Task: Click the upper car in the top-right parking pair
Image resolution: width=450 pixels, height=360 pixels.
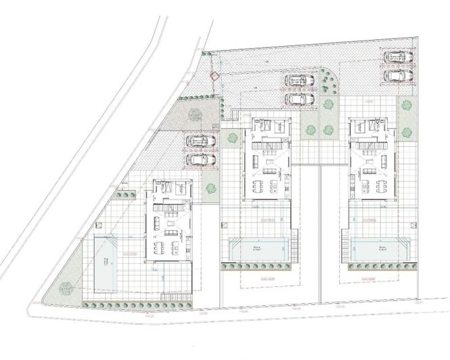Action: (x=396, y=58)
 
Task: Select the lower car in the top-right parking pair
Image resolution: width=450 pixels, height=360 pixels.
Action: (x=396, y=74)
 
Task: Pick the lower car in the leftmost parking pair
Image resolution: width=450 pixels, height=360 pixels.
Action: (x=200, y=160)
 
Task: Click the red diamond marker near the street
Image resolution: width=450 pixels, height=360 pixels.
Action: (x=215, y=76)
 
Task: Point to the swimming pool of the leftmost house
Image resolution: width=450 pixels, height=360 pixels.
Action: (x=107, y=260)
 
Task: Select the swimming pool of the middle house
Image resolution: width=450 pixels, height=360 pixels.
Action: (x=259, y=248)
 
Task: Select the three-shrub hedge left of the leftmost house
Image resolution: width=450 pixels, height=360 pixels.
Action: (x=125, y=196)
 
